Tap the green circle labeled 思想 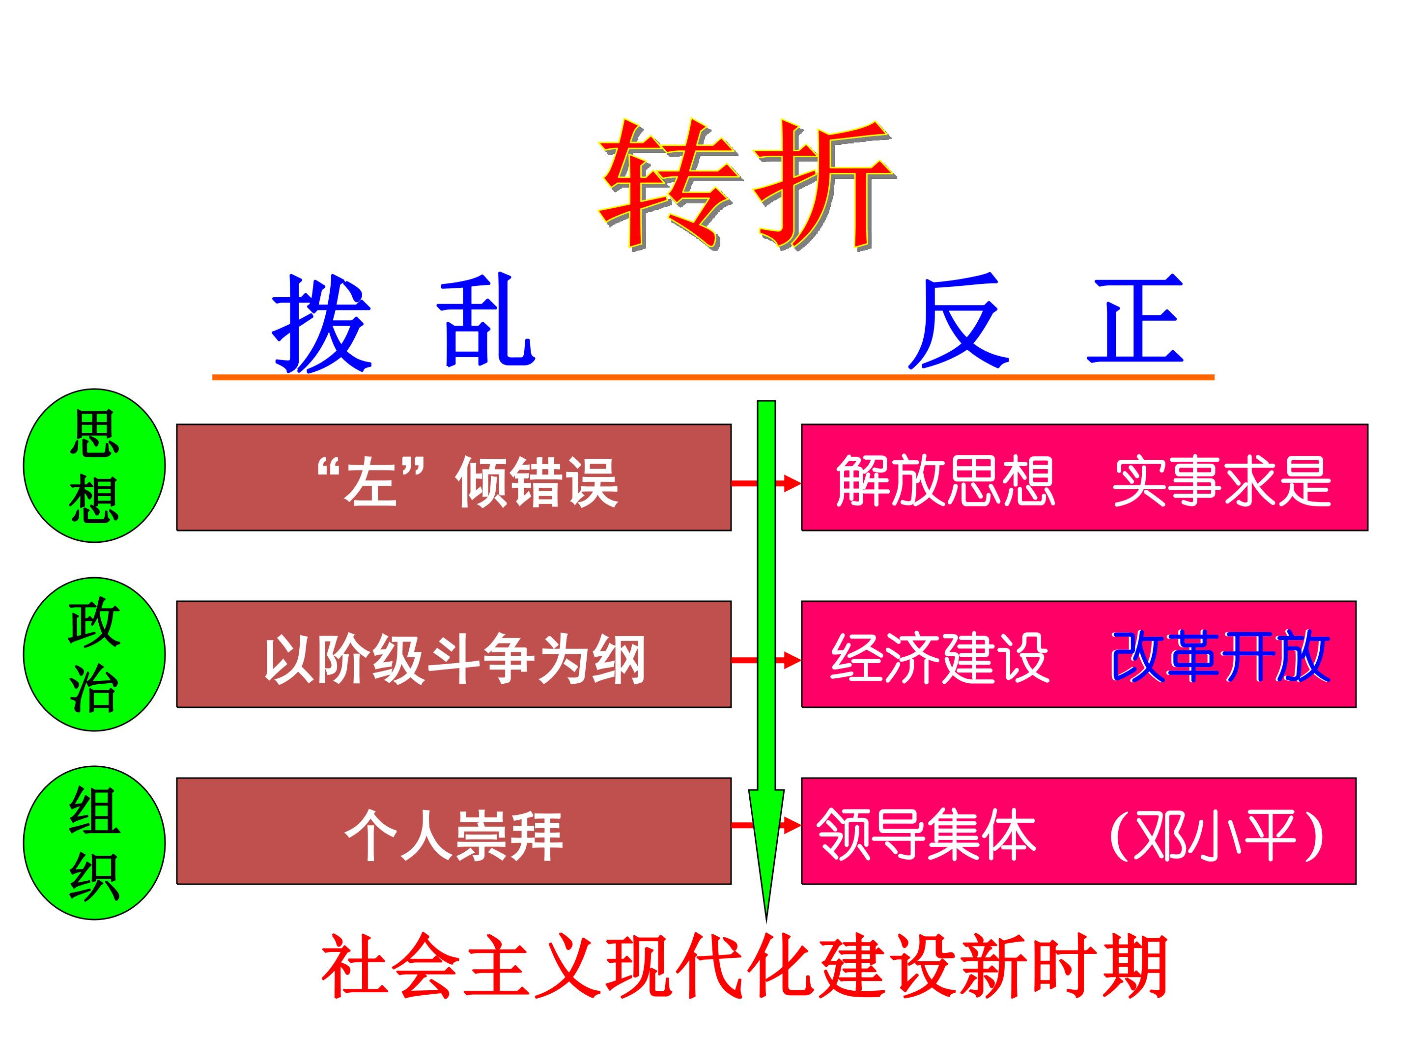[x=95, y=466]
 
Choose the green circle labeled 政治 [x=95, y=654]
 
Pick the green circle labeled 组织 [x=95, y=843]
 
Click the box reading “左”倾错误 [x=453, y=477]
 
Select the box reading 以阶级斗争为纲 [x=453, y=654]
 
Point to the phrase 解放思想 [x=945, y=481]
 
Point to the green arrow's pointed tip [x=766, y=922]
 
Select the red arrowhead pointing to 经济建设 [x=792, y=660]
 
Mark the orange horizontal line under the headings [x=713, y=377]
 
